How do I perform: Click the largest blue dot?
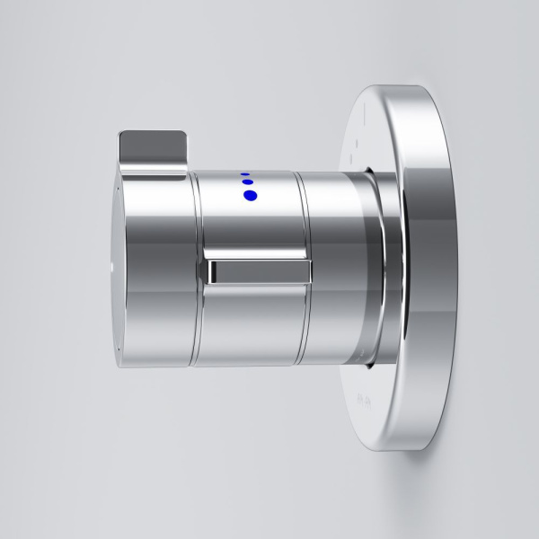(250, 195)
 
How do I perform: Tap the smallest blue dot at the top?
(244, 174)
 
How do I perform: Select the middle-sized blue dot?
(246, 183)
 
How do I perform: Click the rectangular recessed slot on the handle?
(260, 271)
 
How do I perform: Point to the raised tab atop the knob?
(153, 142)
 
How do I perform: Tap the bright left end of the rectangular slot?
(214, 271)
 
